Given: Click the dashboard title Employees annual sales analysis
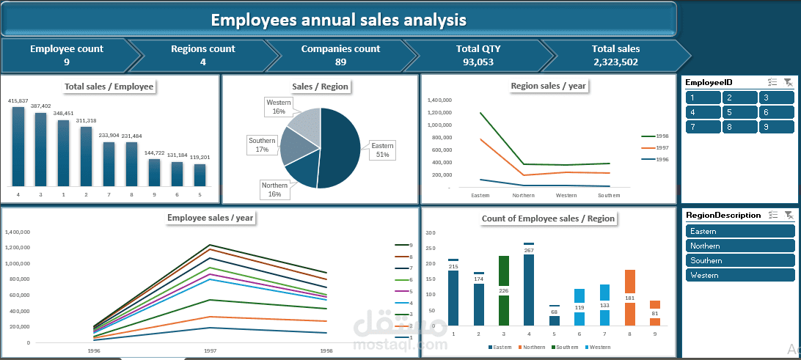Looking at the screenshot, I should pos(338,19).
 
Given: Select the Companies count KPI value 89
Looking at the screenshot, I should pos(340,62).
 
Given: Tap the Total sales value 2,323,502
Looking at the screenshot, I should pos(615,62).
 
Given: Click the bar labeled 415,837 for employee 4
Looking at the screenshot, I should pos(18,146).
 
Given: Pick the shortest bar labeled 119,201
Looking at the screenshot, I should pos(200,175).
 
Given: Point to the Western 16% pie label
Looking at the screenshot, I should pos(279,107).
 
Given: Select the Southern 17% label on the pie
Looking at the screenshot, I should pos(262,144).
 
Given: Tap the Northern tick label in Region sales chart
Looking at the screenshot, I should pos(523,195).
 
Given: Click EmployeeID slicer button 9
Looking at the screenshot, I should pos(776,127).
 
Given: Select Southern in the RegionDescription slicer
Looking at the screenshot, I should pos(740,260).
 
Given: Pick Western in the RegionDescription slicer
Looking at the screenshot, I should pos(740,275).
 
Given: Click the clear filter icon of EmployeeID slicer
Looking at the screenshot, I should pos(788,83).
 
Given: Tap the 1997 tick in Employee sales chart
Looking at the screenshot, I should pos(210,350).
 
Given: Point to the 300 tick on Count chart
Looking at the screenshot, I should pos(431,233).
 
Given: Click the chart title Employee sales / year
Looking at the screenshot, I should pos(211,217).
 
